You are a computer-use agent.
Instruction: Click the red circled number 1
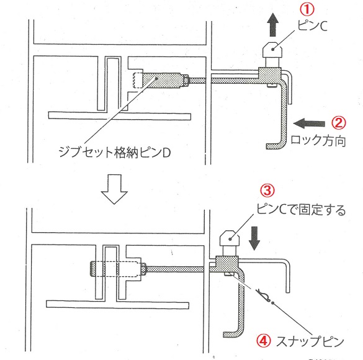coord(307,10)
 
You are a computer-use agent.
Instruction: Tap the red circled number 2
coord(338,123)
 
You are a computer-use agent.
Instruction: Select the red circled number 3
coord(267,191)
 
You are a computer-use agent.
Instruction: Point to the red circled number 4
coord(264,341)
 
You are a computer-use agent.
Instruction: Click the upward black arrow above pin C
coord(272,25)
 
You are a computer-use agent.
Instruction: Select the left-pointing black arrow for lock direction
coord(309,123)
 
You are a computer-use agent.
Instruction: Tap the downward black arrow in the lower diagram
coord(254,238)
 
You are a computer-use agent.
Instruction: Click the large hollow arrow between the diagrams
coord(114,189)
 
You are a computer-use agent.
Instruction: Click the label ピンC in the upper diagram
coord(312,26)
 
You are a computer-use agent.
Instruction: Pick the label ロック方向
coord(318,141)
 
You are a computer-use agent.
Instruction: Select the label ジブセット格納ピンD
coord(115,152)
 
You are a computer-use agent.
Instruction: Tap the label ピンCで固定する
coord(301,210)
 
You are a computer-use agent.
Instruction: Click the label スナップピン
coord(310,341)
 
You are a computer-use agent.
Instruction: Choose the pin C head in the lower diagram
coord(230,238)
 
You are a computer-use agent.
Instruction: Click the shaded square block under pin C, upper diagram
coord(270,76)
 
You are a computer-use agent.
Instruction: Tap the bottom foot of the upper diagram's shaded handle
coord(274,146)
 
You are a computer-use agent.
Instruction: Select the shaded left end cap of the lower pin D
coord(92,269)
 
